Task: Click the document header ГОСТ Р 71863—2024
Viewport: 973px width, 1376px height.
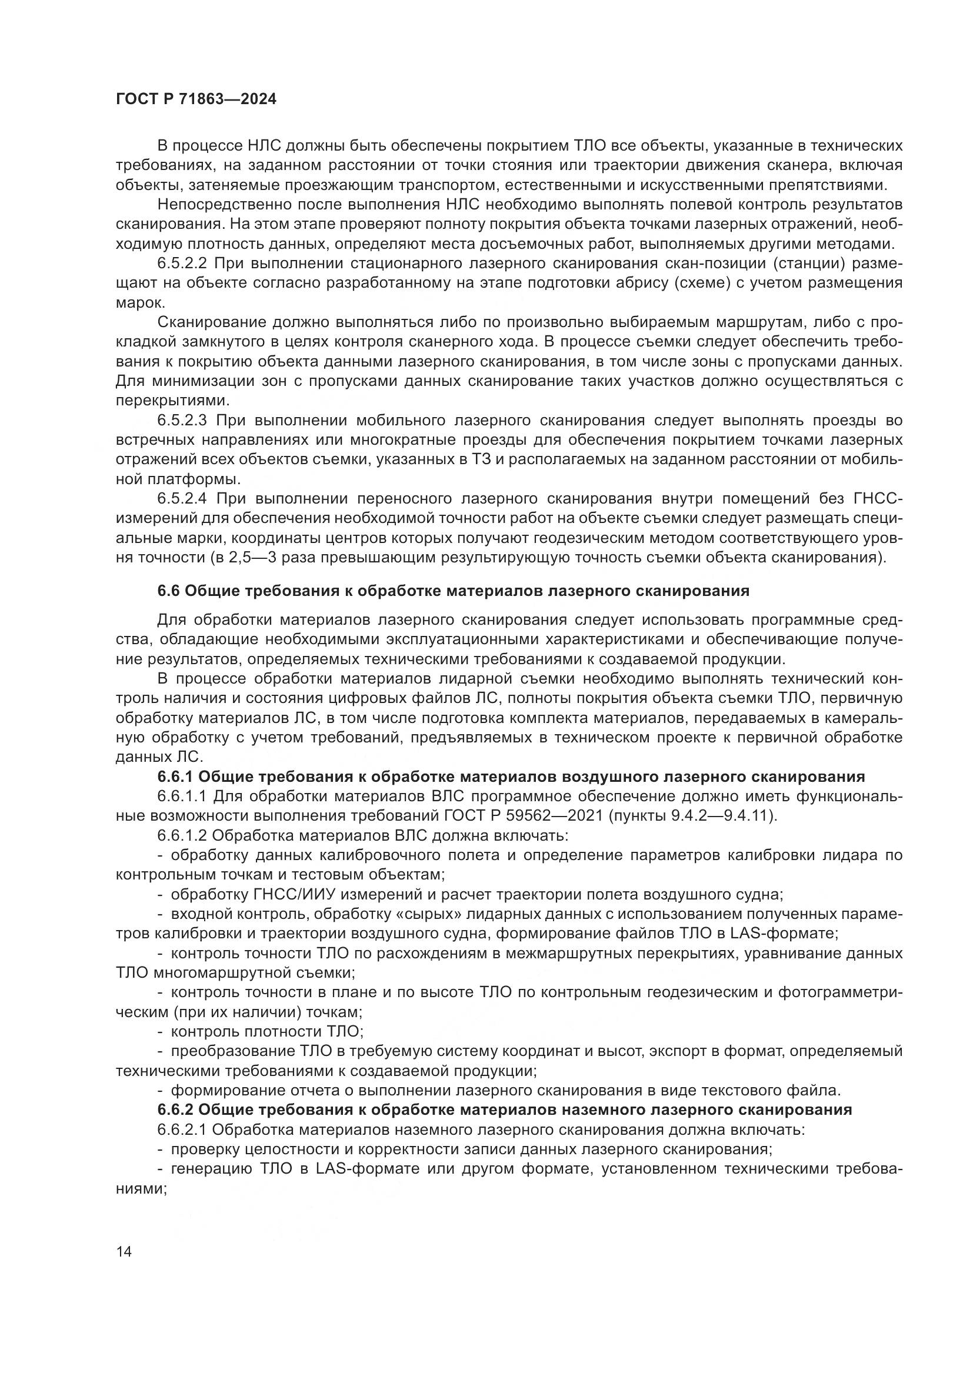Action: pos(196,99)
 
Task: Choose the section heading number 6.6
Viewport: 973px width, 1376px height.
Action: pos(168,591)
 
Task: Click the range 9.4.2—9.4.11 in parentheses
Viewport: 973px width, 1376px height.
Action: pos(707,815)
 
